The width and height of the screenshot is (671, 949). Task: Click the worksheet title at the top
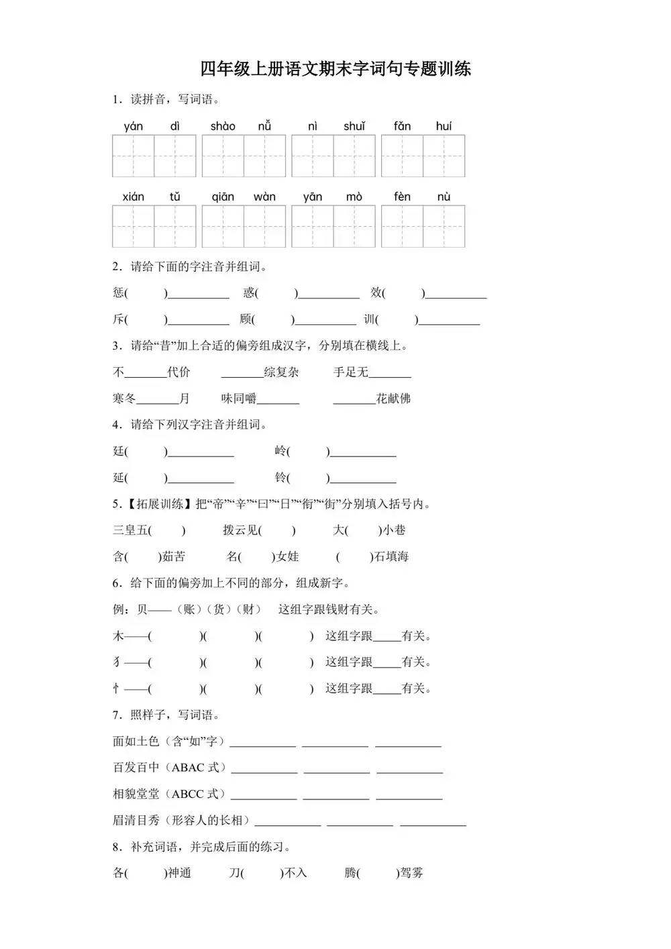tap(335, 68)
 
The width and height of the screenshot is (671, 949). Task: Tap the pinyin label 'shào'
tap(223, 126)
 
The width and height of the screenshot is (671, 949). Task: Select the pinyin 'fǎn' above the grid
tap(402, 126)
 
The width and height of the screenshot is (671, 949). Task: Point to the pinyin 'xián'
tap(134, 197)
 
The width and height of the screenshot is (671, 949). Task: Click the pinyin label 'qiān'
tap(223, 197)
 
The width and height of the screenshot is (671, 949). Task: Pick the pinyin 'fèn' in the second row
tap(402, 197)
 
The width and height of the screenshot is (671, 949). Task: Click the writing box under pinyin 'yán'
tap(134, 156)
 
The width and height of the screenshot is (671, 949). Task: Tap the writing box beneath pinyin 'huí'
tap(444, 156)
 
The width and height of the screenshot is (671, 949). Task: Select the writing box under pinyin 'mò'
tap(354, 227)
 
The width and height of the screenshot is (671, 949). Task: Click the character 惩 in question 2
tap(119, 293)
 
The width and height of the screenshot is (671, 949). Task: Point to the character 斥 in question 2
tap(119, 319)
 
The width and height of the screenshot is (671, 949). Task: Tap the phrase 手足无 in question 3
tap(351, 372)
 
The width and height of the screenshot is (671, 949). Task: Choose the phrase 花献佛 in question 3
tap(393, 399)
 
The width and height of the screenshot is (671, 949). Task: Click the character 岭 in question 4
tap(280, 451)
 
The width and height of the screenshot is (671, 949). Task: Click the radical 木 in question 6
tap(119, 636)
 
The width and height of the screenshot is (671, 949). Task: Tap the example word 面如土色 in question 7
tap(136, 741)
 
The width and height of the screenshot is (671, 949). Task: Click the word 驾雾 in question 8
tap(411, 873)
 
